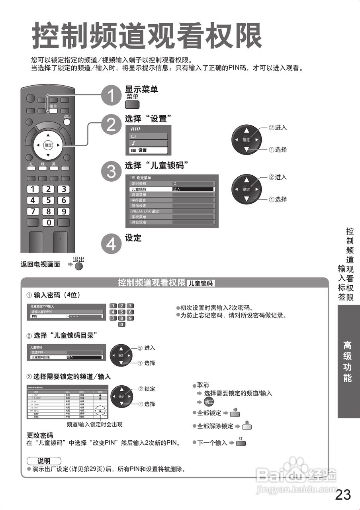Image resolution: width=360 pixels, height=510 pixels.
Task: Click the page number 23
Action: click(343, 494)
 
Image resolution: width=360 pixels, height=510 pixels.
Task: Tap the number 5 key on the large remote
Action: click(49, 200)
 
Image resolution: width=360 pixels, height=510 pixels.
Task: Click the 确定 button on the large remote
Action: click(48, 145)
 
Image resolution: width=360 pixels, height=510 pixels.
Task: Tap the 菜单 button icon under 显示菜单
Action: click(132, 105)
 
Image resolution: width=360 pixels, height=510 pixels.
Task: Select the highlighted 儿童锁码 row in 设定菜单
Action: click(172, 189)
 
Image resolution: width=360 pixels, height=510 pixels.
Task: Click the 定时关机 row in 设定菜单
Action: click(172, 184)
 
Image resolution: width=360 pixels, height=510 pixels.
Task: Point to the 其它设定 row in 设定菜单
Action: click(172, 222)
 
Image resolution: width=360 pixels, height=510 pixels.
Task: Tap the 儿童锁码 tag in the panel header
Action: click(200, 283)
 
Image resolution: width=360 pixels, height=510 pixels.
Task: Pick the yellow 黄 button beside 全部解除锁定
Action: click(247, 427)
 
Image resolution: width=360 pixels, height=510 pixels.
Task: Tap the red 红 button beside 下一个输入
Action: click(241, 443)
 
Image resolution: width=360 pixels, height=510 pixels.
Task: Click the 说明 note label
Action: click(44, 461)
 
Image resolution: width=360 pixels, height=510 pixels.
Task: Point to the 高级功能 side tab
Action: click(348, 362)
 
